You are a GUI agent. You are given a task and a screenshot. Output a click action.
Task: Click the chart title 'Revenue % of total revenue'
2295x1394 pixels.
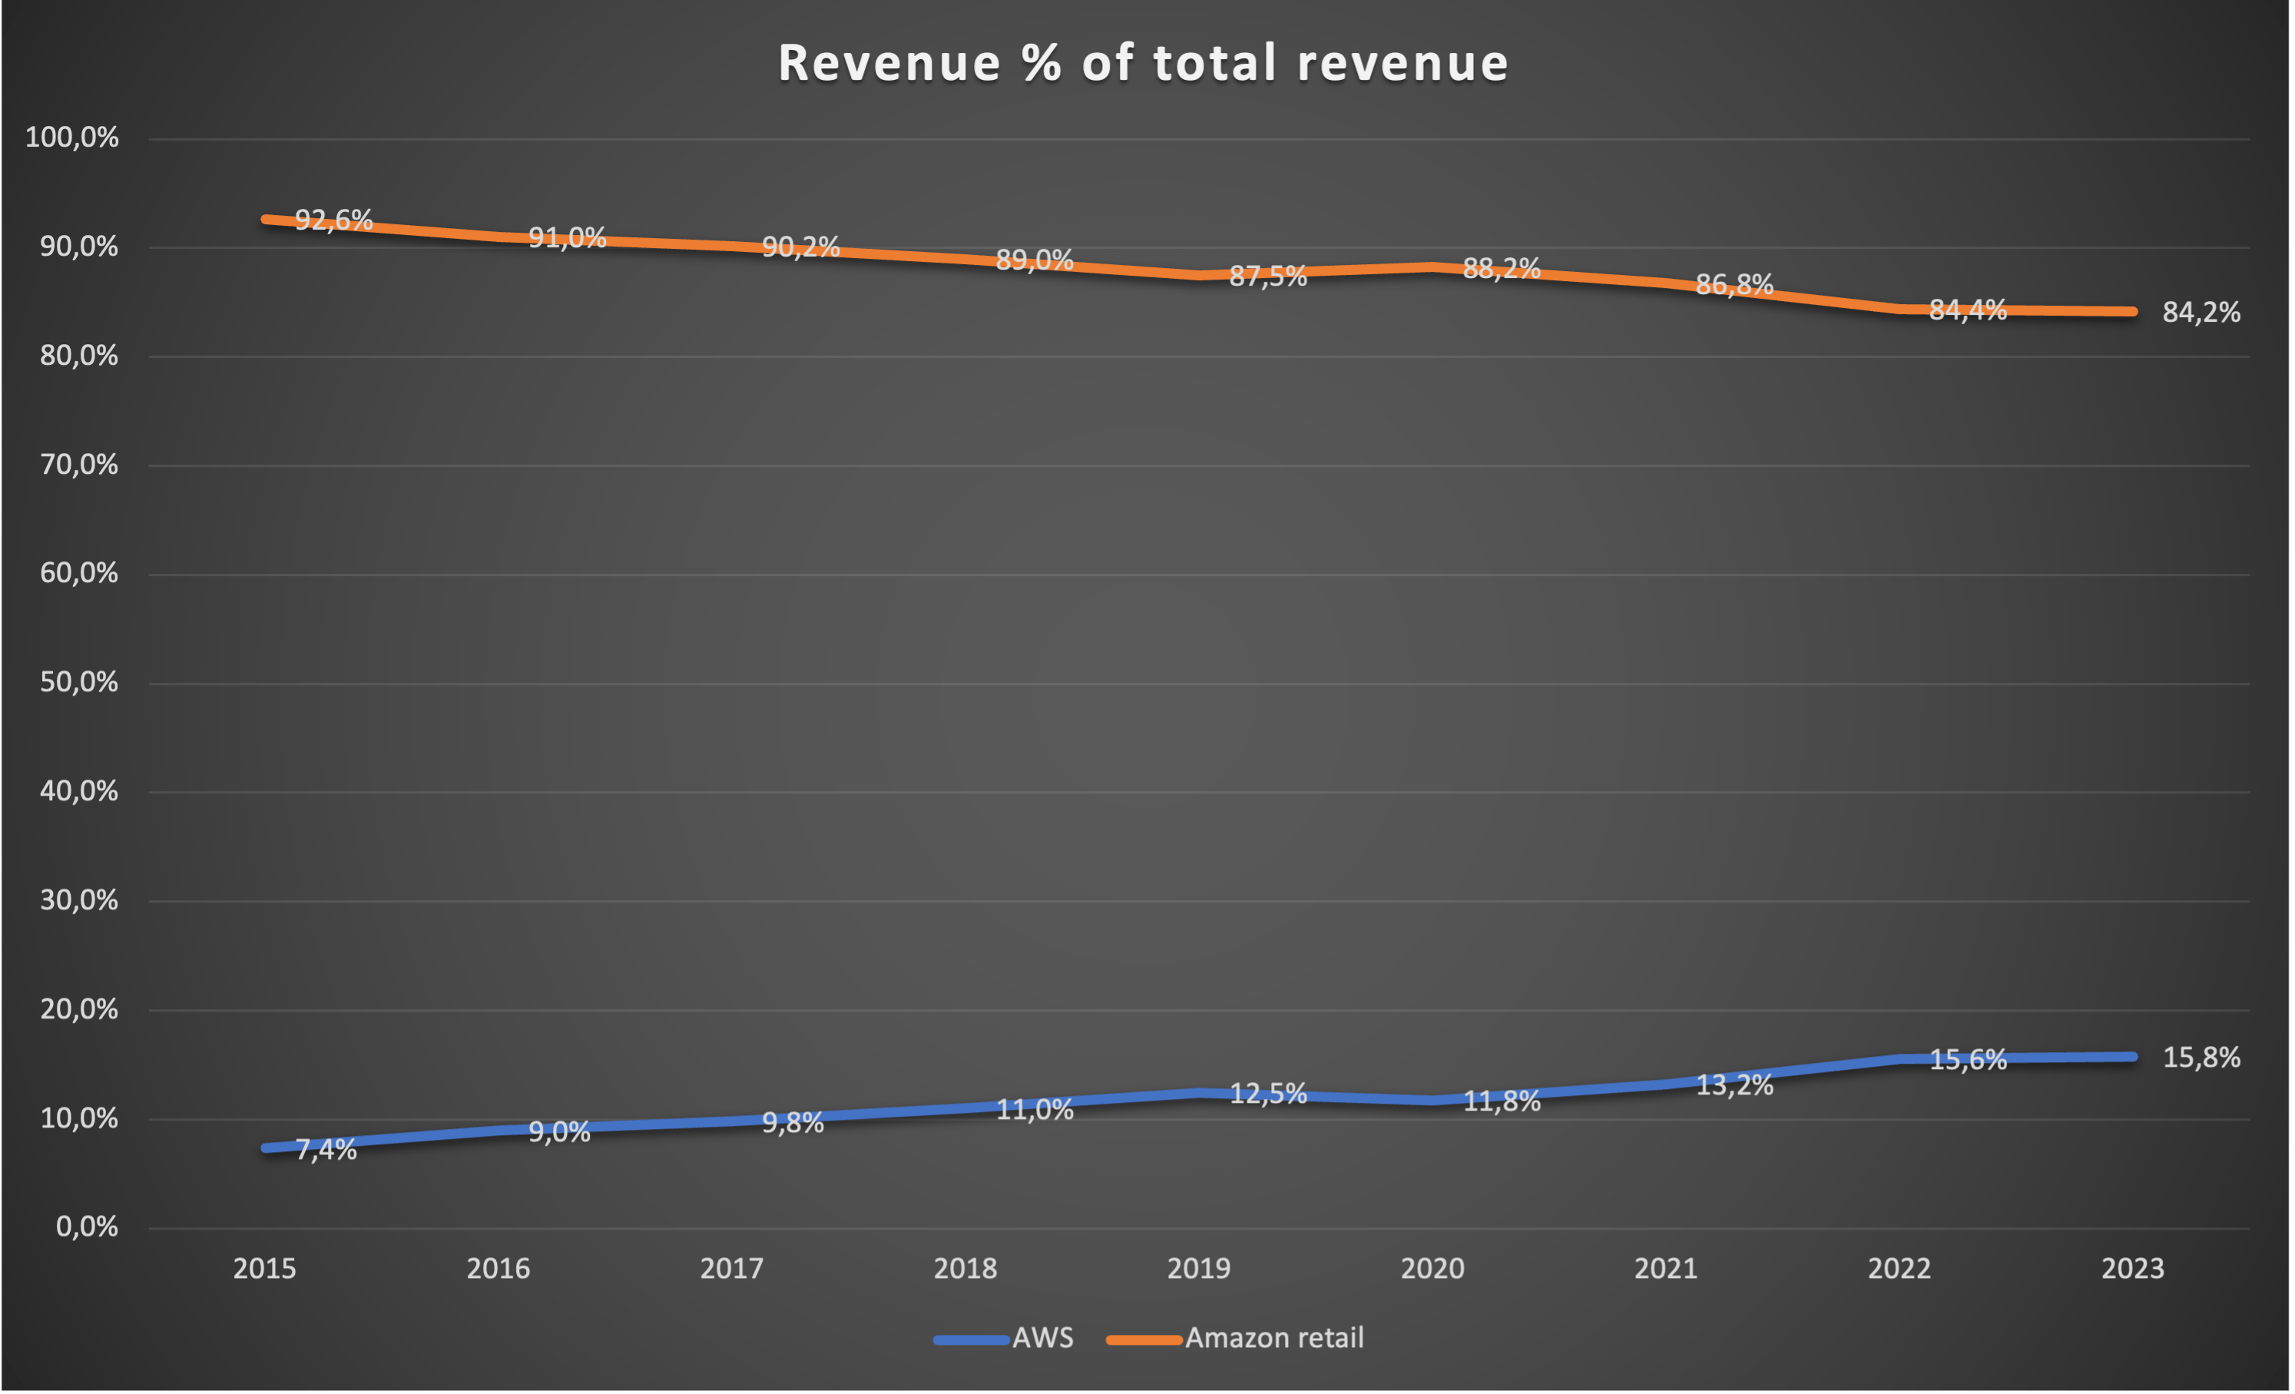click(x=1143, y=63)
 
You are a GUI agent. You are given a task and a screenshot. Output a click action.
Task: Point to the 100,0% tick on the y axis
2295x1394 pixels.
click(x=71, y=137)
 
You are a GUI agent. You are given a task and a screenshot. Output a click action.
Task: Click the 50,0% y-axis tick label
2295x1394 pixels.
click(x=79, y=683)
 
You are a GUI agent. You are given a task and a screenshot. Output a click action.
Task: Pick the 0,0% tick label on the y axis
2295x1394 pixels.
click(x=87, y=1227)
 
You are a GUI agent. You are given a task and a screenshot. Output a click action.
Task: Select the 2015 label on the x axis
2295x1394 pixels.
click(x=264, y=1268)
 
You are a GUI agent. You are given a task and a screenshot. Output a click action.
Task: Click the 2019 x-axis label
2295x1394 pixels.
click(x=1199, y=1268)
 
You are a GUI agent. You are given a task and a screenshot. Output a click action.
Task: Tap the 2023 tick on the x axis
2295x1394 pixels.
click(x=2133, y=1268)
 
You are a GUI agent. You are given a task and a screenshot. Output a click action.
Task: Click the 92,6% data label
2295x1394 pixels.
click(x=333, y=220)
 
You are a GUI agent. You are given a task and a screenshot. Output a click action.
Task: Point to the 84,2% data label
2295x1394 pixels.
click(x=2201, y=313)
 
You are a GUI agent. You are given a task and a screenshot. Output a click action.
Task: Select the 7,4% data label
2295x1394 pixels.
click(x=326, y=1150)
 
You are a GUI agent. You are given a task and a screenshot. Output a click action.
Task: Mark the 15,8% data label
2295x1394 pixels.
click(x=2201, y=1058)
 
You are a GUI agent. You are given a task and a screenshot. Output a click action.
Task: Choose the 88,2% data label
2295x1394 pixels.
click(x=1502, y=269)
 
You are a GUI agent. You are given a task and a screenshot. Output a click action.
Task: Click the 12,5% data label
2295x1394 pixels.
click(x=1267, y=1094)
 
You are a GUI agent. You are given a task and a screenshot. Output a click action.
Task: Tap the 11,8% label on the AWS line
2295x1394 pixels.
click(x=1502, y=1101)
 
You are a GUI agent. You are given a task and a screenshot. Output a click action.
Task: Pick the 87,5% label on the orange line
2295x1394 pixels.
click(x=1267, y=276)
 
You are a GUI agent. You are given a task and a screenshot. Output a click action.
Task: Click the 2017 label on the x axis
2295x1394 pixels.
click(x=731, y=1268)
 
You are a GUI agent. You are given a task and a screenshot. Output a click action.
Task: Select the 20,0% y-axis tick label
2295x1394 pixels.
click(x=79, y=1009)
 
